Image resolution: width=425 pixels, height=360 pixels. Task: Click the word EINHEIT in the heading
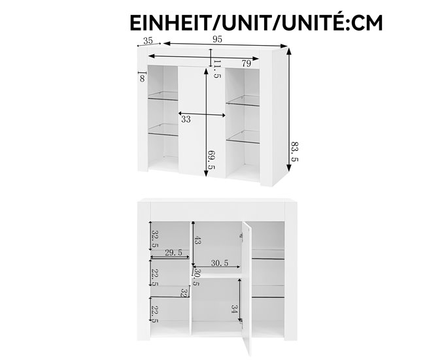coord(173,23)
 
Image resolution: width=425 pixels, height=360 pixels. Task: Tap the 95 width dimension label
coord(217,40)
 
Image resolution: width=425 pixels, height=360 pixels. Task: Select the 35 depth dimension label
coord(148,41)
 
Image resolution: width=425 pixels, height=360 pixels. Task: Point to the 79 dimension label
coord(246,63)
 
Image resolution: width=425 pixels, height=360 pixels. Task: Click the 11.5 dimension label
coord(217,69)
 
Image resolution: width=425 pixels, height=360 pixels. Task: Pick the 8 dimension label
coord(143,78)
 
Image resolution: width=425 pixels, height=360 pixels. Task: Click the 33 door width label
coord(186,119)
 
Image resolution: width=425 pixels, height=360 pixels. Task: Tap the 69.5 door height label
coord(211,160)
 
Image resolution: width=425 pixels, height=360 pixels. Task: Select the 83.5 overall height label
coord(294,152)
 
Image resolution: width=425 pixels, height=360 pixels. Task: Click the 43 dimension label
coord(197,240)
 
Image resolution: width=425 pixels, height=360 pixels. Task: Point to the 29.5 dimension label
coord(173,253)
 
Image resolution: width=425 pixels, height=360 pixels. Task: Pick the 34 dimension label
coord(235,309)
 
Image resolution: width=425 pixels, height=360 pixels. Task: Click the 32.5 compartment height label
coord(155,239)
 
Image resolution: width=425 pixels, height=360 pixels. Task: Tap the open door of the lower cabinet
coord(246,289)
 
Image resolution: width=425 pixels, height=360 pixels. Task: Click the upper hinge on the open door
coord(241,236)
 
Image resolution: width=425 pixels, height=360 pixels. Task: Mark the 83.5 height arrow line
coord(289,109)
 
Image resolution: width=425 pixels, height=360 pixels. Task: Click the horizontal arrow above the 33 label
coord(202,114)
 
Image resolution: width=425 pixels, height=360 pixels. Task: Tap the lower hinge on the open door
coord(241,321)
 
